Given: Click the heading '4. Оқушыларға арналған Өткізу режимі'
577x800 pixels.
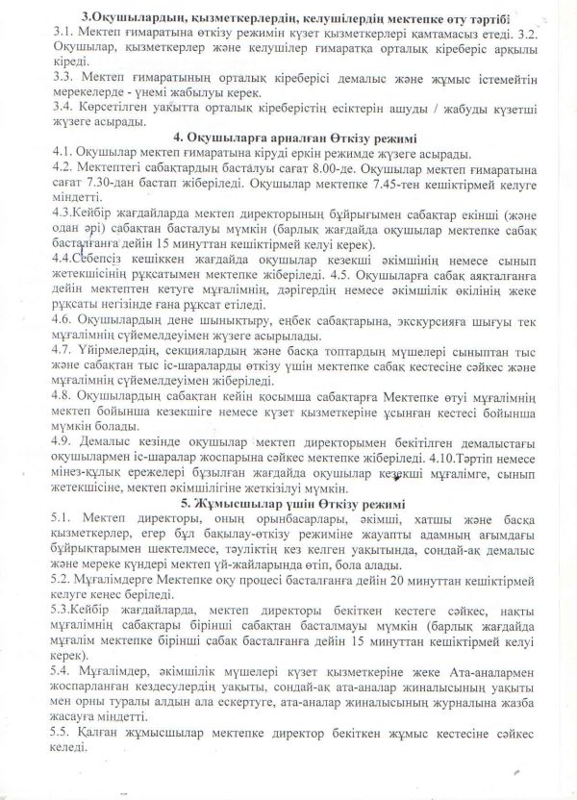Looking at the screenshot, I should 289,137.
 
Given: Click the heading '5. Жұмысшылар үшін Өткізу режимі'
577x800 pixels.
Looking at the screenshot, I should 289,504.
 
